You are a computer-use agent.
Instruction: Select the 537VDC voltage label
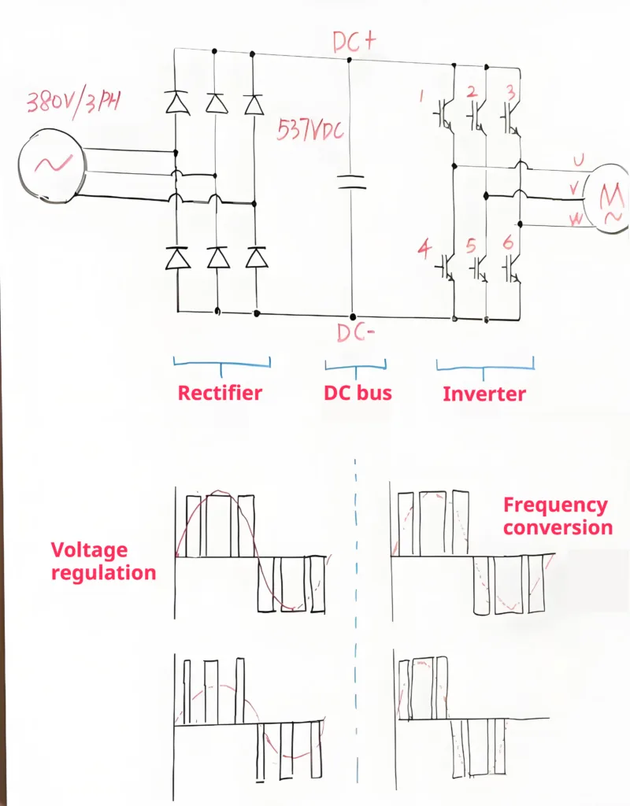(x=310, y=130)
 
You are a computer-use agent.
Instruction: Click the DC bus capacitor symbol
(x=351, y=183)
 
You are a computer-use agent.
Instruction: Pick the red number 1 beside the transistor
(x=421, y=97)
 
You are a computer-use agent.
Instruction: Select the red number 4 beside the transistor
(x=424, y=250)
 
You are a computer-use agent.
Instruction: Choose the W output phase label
(x=577, y=220)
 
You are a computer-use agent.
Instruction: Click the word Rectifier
(x=220, y=393)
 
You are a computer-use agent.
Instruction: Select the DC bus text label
(x=358, y=393)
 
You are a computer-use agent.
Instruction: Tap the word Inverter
(x=484, y=394)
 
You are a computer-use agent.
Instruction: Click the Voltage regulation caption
(x=103, y=561)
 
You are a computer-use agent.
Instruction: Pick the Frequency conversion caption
(x=557, y=516)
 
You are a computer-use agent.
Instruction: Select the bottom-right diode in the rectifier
(x=254, y=257)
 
